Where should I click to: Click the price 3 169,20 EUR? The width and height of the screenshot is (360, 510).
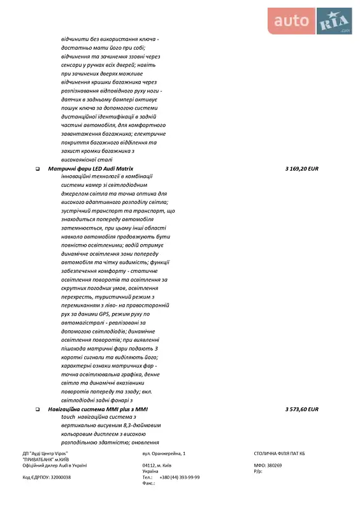point(301,168)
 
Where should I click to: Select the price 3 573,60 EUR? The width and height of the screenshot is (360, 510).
point(301,409)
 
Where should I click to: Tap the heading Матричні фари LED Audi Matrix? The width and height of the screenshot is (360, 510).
point(90,168)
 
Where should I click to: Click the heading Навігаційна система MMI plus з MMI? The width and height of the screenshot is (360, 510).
point(97,409)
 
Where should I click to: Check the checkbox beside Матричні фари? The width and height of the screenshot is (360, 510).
point(38,169)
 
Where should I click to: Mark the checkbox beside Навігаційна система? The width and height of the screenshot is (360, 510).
point(38,409)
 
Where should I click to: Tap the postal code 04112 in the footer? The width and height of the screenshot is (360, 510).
point(150,465)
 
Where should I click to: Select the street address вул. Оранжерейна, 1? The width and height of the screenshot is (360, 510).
point(164,453)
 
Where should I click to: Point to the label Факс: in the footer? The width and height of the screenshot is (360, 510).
point(149,483)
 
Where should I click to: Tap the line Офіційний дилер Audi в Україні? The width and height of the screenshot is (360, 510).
point(54,465)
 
